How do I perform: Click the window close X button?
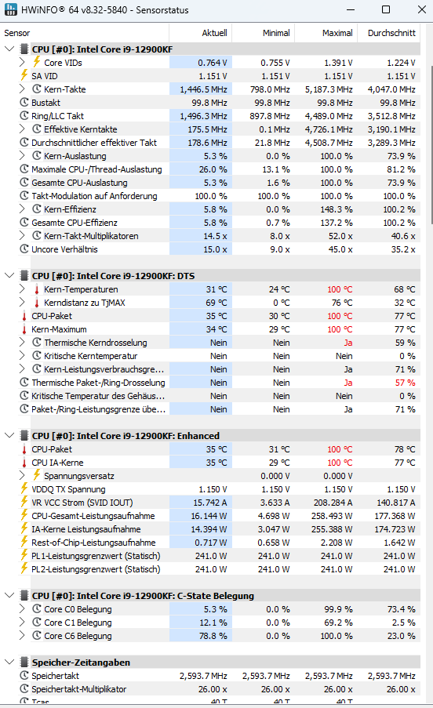click(x=422, y=9)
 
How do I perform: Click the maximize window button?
click(x=386, y=9)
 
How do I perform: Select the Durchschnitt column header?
click(x=391, y=33)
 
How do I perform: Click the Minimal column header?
click(x=276, y=33)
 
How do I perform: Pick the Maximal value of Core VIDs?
click(x=338, y=63)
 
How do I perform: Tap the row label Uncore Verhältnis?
click(x=64, y=249)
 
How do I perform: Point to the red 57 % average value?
click(x=406, y=383)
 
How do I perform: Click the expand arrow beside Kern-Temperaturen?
click(x=22, y=289)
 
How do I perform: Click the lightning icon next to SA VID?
click(x=24, y=75)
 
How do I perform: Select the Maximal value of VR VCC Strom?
click(x=333, y=503)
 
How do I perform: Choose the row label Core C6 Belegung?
click(x=78, y=636)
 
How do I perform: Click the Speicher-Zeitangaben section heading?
click(x=81, y=663)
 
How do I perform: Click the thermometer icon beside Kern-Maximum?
click(x=24, y=329)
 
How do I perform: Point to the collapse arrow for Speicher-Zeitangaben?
click(x=9, y=662)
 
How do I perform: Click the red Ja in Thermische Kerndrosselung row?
click(x=348, y=343)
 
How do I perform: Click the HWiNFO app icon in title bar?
click(x=10, y=9)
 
